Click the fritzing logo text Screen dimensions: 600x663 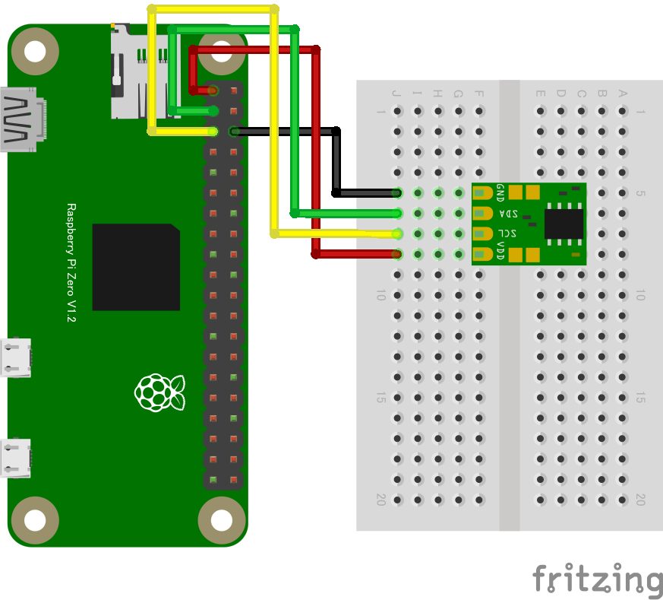click(596, 580)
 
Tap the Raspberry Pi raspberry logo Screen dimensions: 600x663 click(160, 392)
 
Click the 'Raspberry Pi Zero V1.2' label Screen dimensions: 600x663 click(72, 262)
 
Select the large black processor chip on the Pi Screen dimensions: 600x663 click(137, 267)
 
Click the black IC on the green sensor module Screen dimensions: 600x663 click(563, 224)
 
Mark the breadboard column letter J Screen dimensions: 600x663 click(396, 94)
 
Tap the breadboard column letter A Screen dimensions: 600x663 click(623, 94)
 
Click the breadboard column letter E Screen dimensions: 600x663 click(540, 94)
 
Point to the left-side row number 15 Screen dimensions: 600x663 click(381, 398)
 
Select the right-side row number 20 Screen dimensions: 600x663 click(640, 500)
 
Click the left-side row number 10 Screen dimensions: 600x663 click(381, 295)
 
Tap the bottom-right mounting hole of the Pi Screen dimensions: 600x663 click(221, 521)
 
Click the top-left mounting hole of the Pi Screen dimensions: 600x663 click(34, 51)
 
